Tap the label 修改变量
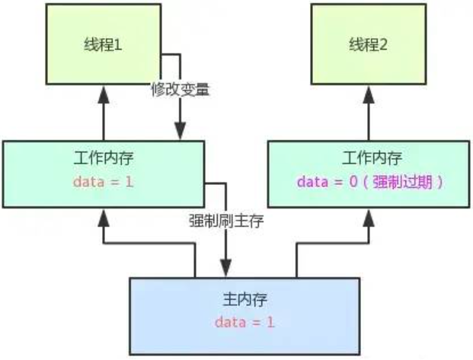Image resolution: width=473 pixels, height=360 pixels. [179, 89]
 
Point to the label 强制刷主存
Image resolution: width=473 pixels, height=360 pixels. [224, 221]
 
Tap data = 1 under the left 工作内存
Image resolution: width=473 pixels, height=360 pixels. [103, 182]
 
